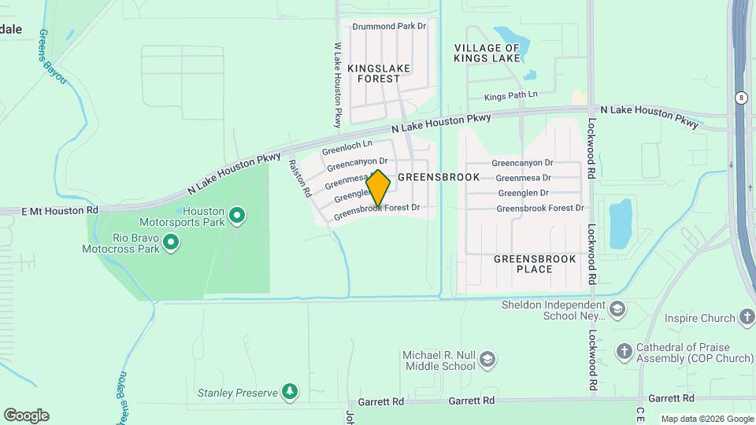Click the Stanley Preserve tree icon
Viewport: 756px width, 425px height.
[x=291, y=391]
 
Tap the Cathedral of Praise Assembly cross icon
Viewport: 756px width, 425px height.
[x=624, y=351]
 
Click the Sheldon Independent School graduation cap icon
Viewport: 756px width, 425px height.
[x=617, y=309]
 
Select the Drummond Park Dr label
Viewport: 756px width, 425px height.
[x=389, y=26]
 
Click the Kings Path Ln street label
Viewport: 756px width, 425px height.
[x=510, y=96]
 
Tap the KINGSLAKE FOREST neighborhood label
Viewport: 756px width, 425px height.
[x=379, y=73]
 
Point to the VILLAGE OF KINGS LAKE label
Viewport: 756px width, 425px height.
[x=487, y=53]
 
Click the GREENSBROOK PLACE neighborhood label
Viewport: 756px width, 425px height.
[x=535, y=264]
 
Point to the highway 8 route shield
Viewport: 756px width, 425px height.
[x=742, y=97]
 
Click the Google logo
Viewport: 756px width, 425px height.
[x=26, y=415]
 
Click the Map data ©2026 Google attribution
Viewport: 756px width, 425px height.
[x=706, y=419]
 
